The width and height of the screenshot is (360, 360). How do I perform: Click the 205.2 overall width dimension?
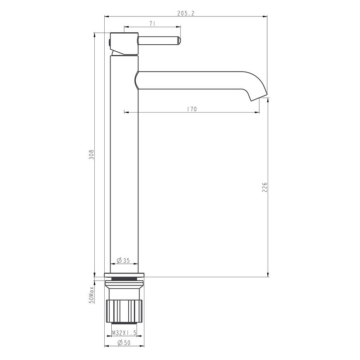click(186, 13)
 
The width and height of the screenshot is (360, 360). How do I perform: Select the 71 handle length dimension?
click(152, 24)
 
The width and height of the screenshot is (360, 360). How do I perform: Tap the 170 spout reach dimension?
click(192, 109)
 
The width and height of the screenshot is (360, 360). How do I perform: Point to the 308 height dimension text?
click(91, 155)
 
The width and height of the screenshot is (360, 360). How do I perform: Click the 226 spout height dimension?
click(265, 187)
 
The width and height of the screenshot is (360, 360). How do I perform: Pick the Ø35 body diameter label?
click(123, 260)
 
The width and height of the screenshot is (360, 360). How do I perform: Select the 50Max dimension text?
click(91, 295)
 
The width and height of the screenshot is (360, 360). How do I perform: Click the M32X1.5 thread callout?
click(124, 333)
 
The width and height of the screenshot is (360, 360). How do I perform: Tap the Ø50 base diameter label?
click(124, 343)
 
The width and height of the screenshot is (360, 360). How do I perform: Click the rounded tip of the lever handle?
click(180, 41)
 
